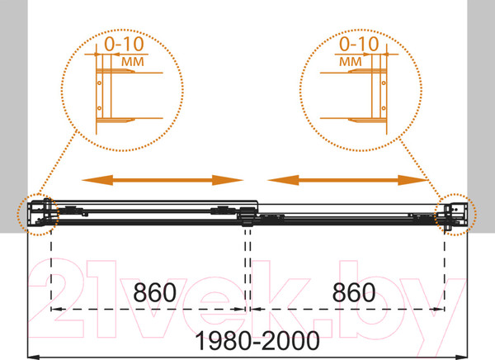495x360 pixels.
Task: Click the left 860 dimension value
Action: [154, 292]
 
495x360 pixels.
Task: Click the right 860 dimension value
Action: [354, 292]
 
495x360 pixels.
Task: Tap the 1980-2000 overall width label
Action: [257, 341]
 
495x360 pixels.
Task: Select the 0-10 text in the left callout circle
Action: [124, 44]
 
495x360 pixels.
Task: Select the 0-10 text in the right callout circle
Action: [359, 44]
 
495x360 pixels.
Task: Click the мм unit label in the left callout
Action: [133, 61]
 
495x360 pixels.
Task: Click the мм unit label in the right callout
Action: [351, 61]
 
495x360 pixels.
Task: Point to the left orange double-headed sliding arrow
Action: [163, 180]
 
